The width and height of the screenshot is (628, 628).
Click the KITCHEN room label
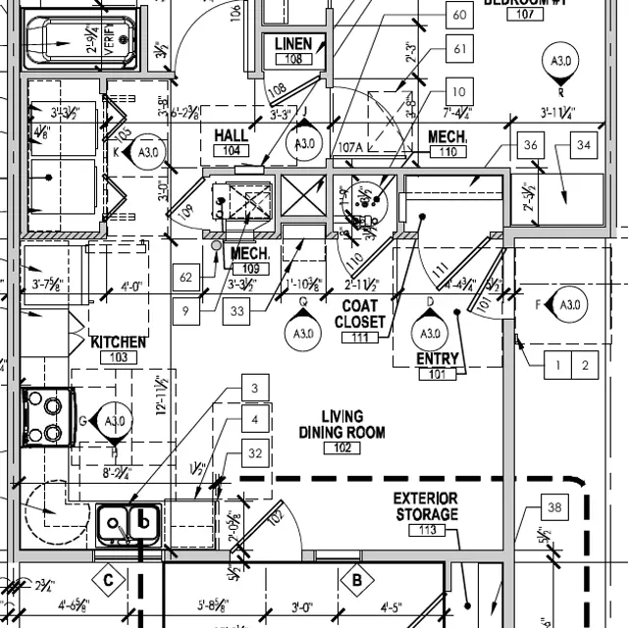(x=119, y=342)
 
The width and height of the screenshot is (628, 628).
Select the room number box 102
(x=341, y=447)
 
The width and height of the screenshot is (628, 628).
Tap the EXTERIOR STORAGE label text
(x=427, y=507)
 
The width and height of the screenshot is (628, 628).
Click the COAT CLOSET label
(x=360, y=313)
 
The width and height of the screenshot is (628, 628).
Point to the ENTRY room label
(x=438, y=359)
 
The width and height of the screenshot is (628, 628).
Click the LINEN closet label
(x=293, y=44)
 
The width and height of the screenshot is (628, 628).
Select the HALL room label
(x=232, y=135)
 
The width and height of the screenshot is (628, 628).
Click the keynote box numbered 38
(x=554, y=508)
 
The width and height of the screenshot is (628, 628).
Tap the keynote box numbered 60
(x=459, y=16)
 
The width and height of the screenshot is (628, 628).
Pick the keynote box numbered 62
(x=186, y=278)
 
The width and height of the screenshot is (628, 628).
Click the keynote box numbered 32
(x=255, y=453)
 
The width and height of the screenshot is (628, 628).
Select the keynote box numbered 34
(x=585, y=146)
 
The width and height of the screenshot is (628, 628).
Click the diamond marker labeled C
(x=109, y=581)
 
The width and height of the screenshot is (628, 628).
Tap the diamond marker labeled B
(x=358, y=581)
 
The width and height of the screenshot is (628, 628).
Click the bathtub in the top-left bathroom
(x=82, y=42)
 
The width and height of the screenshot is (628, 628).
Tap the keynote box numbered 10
(x=459, y=92)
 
